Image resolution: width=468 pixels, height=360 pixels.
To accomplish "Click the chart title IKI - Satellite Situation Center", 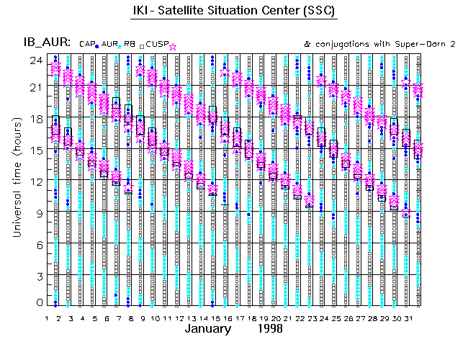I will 234,12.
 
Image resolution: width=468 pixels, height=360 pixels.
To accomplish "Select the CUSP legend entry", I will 158,45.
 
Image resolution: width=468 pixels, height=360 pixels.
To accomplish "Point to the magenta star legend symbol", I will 173,47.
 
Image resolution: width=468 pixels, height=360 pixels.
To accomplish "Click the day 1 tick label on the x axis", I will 47,318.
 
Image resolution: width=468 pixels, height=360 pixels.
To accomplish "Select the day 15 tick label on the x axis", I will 212,318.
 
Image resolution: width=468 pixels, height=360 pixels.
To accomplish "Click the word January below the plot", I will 208,329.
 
